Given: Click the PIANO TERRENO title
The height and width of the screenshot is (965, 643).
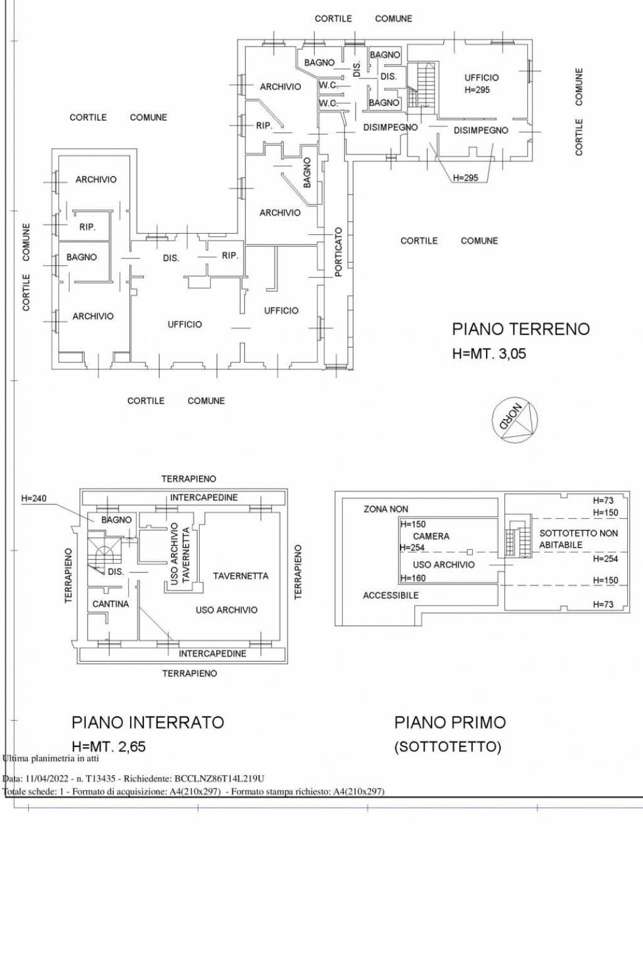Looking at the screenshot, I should (x=521, y=329).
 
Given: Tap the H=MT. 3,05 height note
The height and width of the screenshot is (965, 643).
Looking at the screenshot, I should (x=489, y=354).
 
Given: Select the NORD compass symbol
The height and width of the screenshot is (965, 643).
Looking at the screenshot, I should (x=515, y=419).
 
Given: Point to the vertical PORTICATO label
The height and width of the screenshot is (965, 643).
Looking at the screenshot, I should (x=338, y=252).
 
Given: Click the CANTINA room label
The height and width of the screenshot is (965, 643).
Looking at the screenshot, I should (x=111, y=604).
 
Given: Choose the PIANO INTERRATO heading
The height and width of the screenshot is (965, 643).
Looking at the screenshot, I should (x=148, y=722).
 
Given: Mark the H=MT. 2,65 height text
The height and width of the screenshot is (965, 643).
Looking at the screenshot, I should (x=109, y=746).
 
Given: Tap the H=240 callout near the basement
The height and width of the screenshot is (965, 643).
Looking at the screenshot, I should (x=34, y=499).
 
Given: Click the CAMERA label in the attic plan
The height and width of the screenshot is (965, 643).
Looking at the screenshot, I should (x=431, y=537).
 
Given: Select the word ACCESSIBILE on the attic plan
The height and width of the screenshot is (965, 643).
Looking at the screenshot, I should (x=391, y=595).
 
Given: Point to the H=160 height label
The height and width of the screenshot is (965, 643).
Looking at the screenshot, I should (x=413, y=578).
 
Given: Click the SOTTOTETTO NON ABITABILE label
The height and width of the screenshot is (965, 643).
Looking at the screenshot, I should (x=578, y=539).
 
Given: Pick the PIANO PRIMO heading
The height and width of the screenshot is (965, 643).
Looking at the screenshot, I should (x=450, y=722).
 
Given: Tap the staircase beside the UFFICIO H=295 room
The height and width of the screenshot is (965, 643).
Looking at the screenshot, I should (x=421, y=86).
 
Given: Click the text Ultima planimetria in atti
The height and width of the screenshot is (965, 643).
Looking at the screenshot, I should (x=51, y=758).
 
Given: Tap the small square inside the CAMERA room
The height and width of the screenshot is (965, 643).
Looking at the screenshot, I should (x=470, y=552).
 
